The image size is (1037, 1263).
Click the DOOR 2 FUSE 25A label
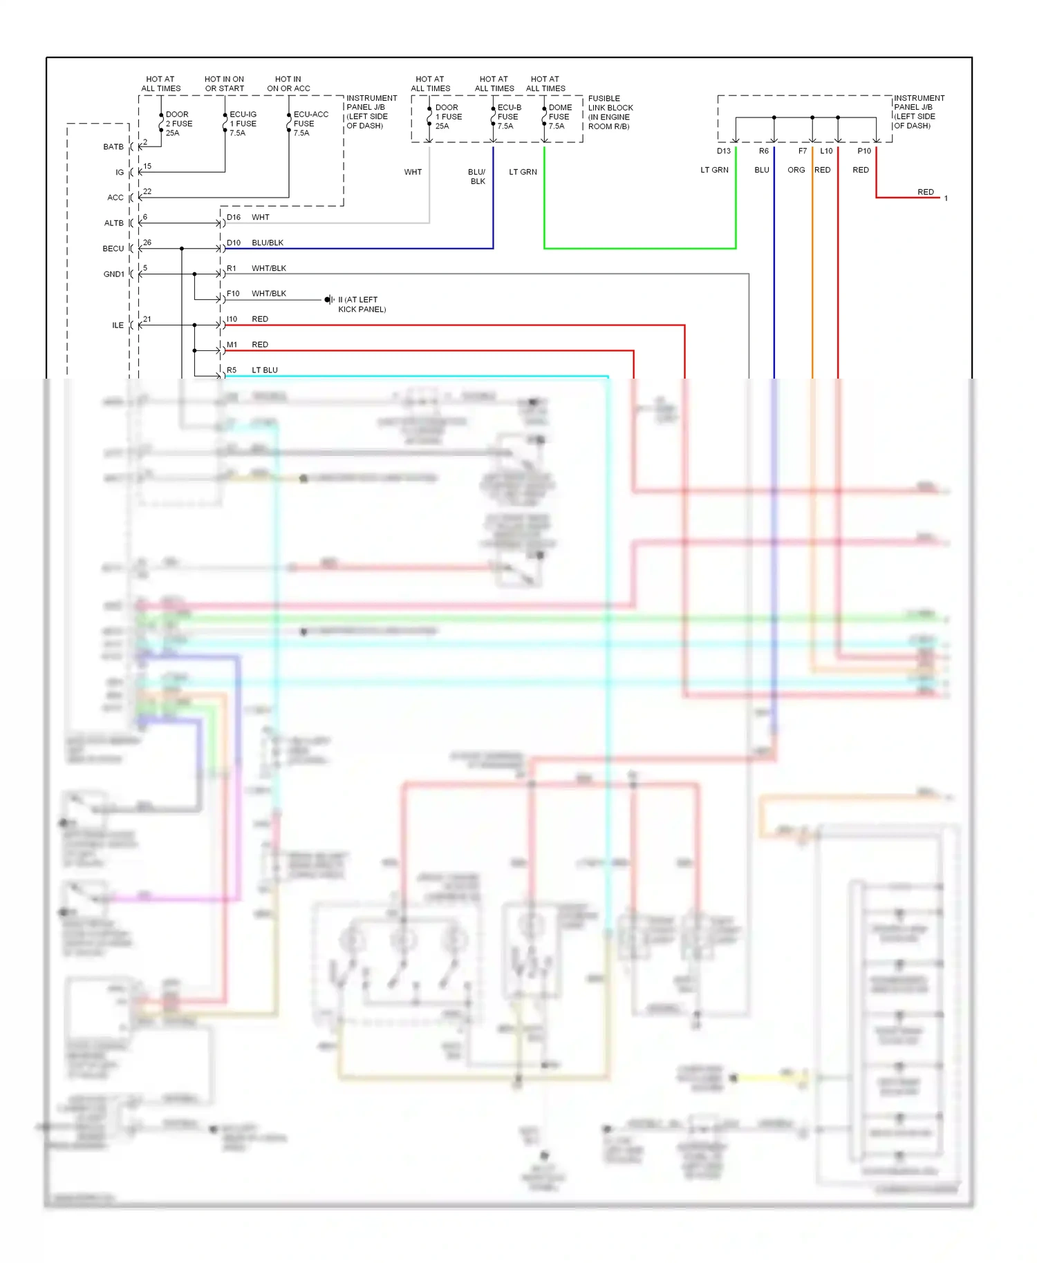[178, 124]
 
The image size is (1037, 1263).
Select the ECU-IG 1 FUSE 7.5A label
[243, 124]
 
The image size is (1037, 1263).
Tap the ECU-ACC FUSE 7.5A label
[310, 124]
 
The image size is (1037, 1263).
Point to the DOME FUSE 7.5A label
[559, 117]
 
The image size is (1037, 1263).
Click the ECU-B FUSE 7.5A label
[509, 117]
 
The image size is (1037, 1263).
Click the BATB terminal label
[113, 147]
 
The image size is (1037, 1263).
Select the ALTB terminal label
[114, 223]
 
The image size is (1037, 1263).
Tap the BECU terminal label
[113, 249]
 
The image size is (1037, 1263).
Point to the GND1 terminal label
[114, 274]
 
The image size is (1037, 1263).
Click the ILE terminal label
[118, 325]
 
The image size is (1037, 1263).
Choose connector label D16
[234, 218]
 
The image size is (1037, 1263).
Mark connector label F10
[233, 294]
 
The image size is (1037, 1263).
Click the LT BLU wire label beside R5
[265, 370]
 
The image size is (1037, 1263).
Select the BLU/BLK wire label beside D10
[268, 243]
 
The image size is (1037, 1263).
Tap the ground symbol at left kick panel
[328, 300]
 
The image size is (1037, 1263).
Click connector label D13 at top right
[723, 151]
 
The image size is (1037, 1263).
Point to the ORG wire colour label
[796, 170]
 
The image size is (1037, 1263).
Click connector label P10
[864, 151]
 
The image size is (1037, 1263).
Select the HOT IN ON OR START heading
[224, 84]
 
